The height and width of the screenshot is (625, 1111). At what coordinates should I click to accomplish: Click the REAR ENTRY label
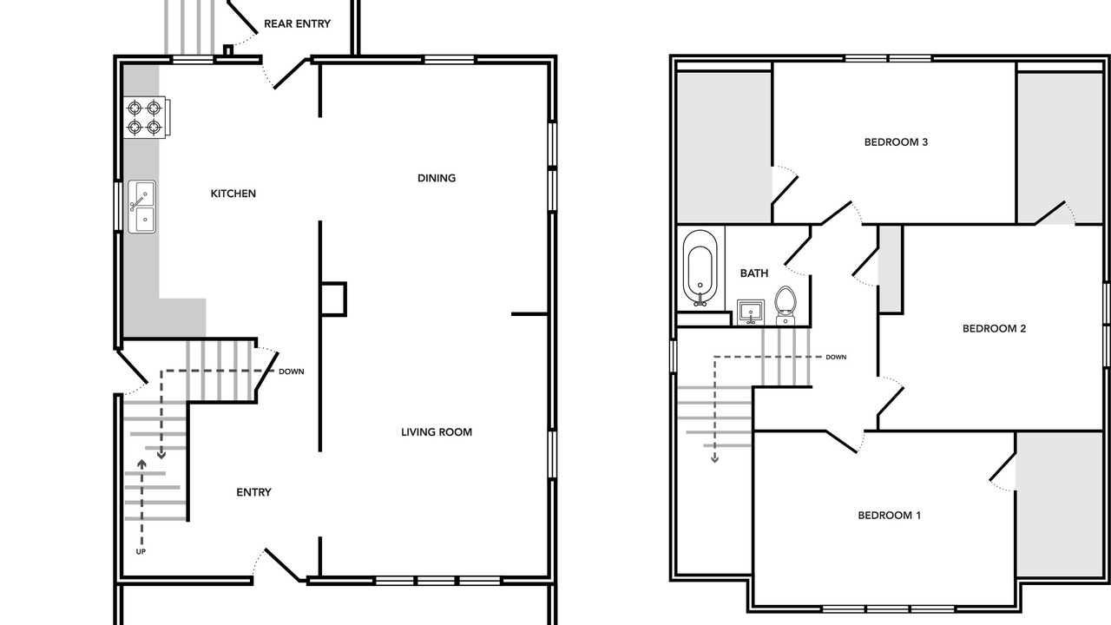[x=297, y=23]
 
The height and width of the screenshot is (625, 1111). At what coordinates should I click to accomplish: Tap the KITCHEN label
[x=233, y=194]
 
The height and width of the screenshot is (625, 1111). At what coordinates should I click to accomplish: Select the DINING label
[x=437, y=178]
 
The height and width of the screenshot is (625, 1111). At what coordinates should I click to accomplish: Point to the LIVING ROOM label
[x=437, y=432]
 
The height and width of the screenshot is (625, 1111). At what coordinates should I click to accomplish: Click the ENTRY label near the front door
[x=253, y=492]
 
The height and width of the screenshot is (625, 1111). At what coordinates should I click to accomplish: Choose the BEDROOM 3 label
[x=896, y=142]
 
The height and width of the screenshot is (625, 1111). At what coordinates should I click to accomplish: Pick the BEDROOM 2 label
[x=994, y=328]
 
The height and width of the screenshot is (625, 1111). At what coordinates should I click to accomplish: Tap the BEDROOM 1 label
[x=890, y=516]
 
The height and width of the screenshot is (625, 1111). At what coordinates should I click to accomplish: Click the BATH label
[x=754, y=273]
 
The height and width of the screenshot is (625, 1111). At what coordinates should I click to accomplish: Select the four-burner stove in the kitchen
[x=147, y=117]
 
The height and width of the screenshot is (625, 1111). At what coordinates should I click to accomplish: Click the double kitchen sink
[x=141, y=207]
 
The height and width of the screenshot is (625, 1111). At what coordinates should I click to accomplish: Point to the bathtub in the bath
[x=700, y=268]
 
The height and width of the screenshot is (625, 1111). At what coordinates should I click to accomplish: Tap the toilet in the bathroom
[x=786, y=305]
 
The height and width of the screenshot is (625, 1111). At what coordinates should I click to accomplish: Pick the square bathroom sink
[x=751, y=312]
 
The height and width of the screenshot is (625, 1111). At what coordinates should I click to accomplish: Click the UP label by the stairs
[x=141, y=551]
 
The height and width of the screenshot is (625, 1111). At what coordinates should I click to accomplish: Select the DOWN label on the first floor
[x=291, y=372]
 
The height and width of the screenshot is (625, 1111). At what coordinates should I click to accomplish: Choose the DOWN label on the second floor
[x=836, y=357]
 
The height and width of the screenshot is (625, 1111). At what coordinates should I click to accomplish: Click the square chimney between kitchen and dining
[x=333, y=299]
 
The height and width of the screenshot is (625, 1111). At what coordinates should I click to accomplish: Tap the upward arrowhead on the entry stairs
[x=141, y=464]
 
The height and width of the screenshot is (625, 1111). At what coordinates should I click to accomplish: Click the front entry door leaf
[x=282, y=565]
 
